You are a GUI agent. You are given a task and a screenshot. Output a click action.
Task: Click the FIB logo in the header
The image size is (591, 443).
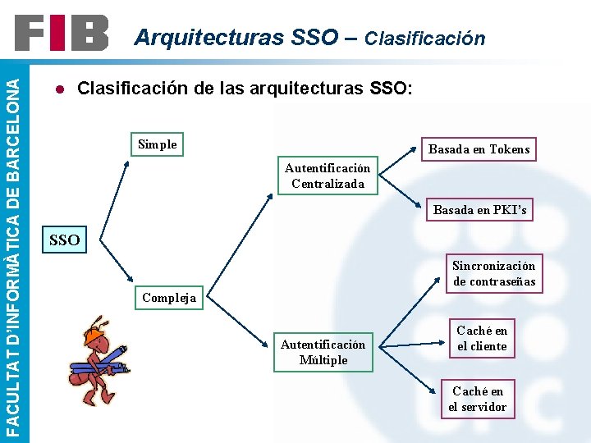(x=61, y=34)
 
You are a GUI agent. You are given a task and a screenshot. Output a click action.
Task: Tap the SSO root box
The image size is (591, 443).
(x=65, y=240)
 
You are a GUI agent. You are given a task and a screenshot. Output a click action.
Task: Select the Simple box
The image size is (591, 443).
(x=157, y=144)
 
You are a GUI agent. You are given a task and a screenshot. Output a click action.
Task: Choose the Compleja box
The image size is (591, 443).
(x=169, y=297)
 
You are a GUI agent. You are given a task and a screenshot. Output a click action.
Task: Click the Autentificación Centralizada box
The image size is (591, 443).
(x=328, y=176)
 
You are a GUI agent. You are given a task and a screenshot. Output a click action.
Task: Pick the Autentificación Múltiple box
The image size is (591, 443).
(x=323, y=352)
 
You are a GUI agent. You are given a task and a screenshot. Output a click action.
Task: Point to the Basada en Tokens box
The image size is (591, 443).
(x=479, y=148)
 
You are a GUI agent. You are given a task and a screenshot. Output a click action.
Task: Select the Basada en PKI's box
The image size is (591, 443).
(x=479, y=210)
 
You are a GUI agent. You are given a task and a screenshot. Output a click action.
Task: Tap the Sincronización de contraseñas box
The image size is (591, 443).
(x=494, y=273)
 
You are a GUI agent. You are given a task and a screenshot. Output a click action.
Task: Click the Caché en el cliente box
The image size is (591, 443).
(x=482, y=338)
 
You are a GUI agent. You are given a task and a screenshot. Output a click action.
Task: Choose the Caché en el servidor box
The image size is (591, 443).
(x=477, y=399)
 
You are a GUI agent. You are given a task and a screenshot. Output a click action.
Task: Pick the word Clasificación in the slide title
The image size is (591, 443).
(x=424, y=38)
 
